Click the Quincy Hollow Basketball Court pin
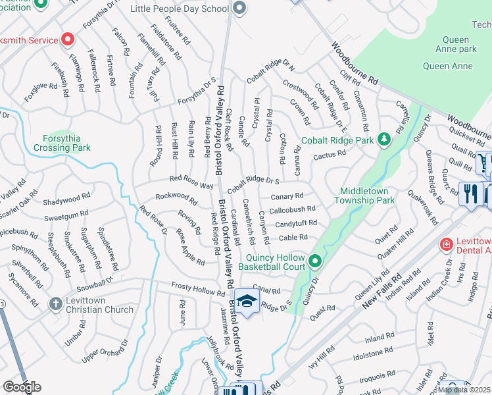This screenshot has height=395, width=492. click(x=315, y=262)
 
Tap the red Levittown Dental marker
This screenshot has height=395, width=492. click(x=446, y=244)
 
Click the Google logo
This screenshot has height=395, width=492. click(x=22, y=387)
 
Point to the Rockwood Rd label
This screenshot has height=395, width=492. click(x=176, y=196)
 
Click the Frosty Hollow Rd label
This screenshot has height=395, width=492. click(x=198, y=288)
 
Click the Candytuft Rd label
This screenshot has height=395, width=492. click(x=296, y=224)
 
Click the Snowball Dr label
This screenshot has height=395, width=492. click(x=86, y=288)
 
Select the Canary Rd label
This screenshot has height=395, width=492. click(x=287, y=196)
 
